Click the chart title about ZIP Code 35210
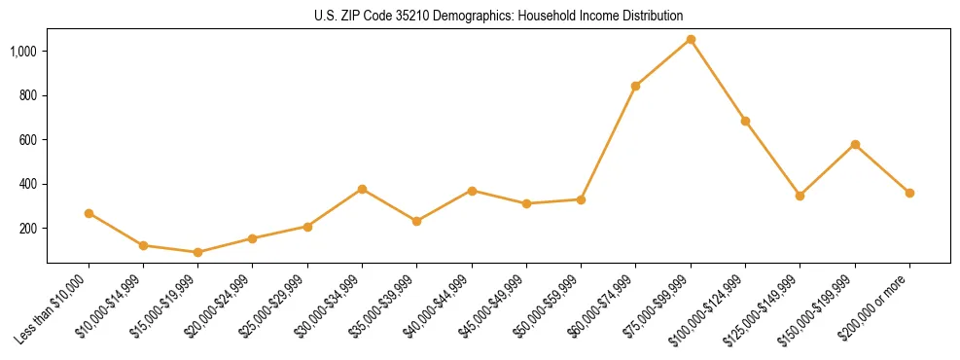click(498, 16)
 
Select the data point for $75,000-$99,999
click(691, 40)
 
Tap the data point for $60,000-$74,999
click(635, 86)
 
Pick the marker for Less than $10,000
click(89, 213)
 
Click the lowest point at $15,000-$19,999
click(197, 252)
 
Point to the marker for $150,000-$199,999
click(855, 144)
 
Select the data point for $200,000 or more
click(909, 193)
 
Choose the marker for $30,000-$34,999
click(362, 189)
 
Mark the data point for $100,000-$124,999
click(745, 121)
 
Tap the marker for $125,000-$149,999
click(800, 196)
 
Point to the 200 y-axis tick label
click(29, 229)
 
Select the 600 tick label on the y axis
click(29, 140)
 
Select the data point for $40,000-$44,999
click(472, 191)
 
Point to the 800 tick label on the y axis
click(29, 95)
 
